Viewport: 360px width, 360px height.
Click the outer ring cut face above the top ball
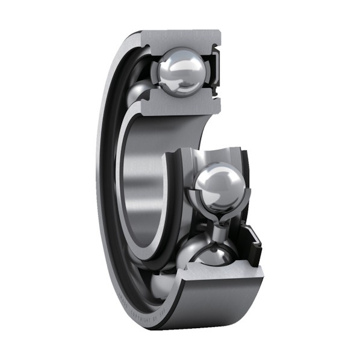(x=181, y=37)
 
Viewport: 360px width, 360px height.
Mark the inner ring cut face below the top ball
(x=181, y=104)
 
